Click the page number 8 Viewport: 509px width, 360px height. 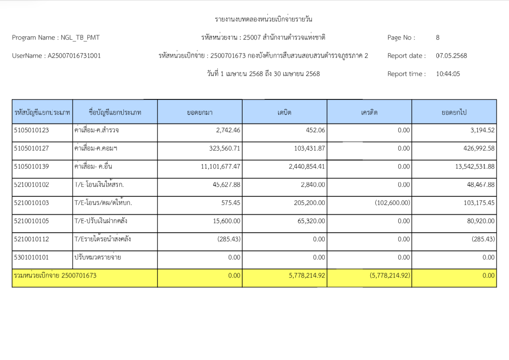pos(437,37)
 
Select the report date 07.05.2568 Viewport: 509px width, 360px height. pos(451,56)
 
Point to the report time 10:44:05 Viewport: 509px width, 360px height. pos(448,74)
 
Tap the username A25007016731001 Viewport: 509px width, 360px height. pos(74,56)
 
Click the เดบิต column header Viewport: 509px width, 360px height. pos(284,112)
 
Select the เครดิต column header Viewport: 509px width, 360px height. pos(369,112)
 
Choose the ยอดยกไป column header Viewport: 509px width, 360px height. pos(454,112)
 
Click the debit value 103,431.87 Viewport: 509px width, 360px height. pos(307,148)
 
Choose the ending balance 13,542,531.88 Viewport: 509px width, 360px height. pos(475,167)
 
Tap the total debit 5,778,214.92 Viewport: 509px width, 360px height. pos(303,275)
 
